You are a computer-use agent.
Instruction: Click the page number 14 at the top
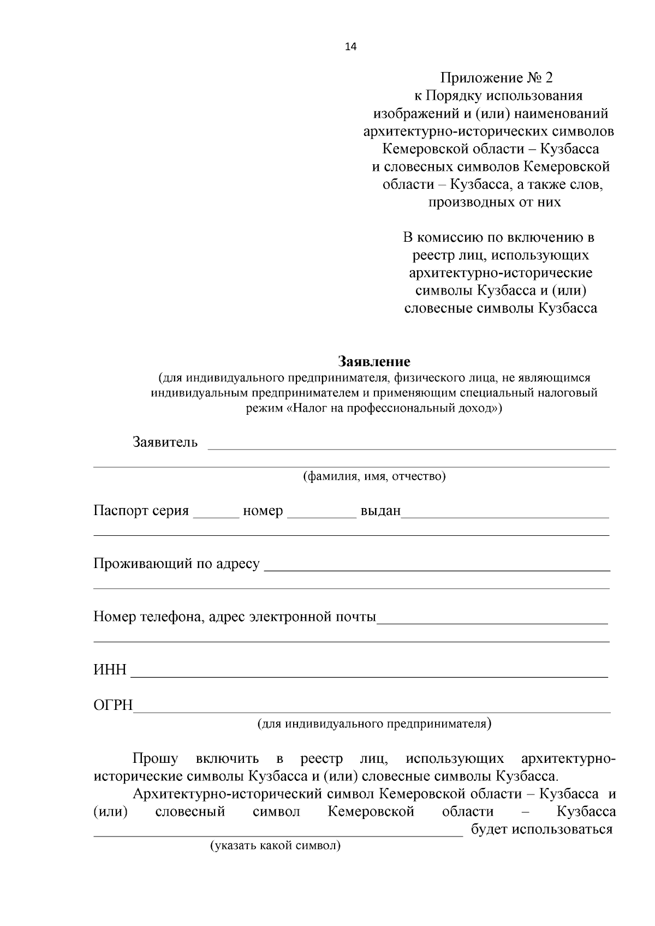350,47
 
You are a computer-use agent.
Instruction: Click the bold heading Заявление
374,361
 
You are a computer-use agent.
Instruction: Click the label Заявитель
165,442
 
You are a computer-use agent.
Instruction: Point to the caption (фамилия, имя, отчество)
374,476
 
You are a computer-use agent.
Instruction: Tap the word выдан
380,511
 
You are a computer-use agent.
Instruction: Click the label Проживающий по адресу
176,564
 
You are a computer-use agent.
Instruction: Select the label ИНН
110,670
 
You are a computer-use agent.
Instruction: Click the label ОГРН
113,706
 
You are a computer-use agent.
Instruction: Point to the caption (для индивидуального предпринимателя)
374,724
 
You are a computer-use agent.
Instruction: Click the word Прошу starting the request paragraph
155,759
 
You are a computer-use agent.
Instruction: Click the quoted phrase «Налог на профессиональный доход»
391,408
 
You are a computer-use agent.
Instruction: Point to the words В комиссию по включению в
498,238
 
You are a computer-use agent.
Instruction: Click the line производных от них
494,202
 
